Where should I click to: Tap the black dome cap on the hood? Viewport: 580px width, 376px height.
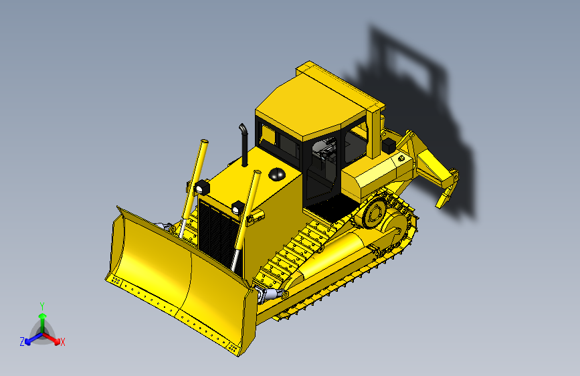[x=277, y=174]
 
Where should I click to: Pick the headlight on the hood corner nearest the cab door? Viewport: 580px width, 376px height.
[x=238, y=207]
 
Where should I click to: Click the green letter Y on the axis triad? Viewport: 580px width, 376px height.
[x=42, y=305]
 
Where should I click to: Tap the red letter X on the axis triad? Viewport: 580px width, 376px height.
[x=63, y=342]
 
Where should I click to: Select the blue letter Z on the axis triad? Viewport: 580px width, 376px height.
[x=22, y=342]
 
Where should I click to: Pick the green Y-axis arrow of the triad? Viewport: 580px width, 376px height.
[x=42, y=320]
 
